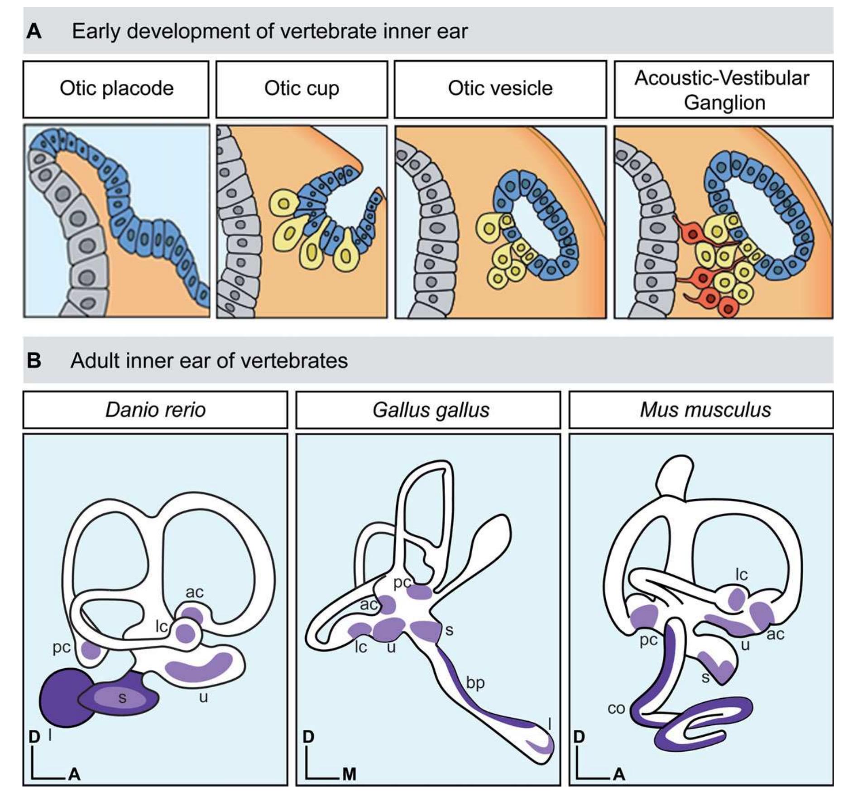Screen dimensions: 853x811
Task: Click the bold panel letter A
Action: coord(34,32)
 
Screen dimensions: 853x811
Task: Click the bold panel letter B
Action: coord(34,361)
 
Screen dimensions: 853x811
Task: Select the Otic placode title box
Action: coord(116,89)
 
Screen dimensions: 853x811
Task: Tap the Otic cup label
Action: coord(302,89)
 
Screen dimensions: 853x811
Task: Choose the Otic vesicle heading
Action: coord(500,88)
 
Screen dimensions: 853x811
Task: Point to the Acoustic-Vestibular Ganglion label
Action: coord(723,90)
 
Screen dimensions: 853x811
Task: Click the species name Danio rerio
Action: coord(155,410)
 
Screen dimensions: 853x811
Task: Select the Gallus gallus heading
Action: coord(431,410)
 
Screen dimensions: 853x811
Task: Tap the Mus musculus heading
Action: coord(705,410)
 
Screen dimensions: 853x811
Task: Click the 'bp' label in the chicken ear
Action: coord(475,683)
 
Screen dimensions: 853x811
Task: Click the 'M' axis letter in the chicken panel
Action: coord(349,774)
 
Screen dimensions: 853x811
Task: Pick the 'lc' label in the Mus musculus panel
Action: coord(741,574)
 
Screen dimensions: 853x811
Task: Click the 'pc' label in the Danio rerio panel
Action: coord(61,648)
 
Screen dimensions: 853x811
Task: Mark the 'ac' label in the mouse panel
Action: coord(775,634)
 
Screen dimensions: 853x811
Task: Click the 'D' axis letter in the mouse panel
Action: coord(579,737)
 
